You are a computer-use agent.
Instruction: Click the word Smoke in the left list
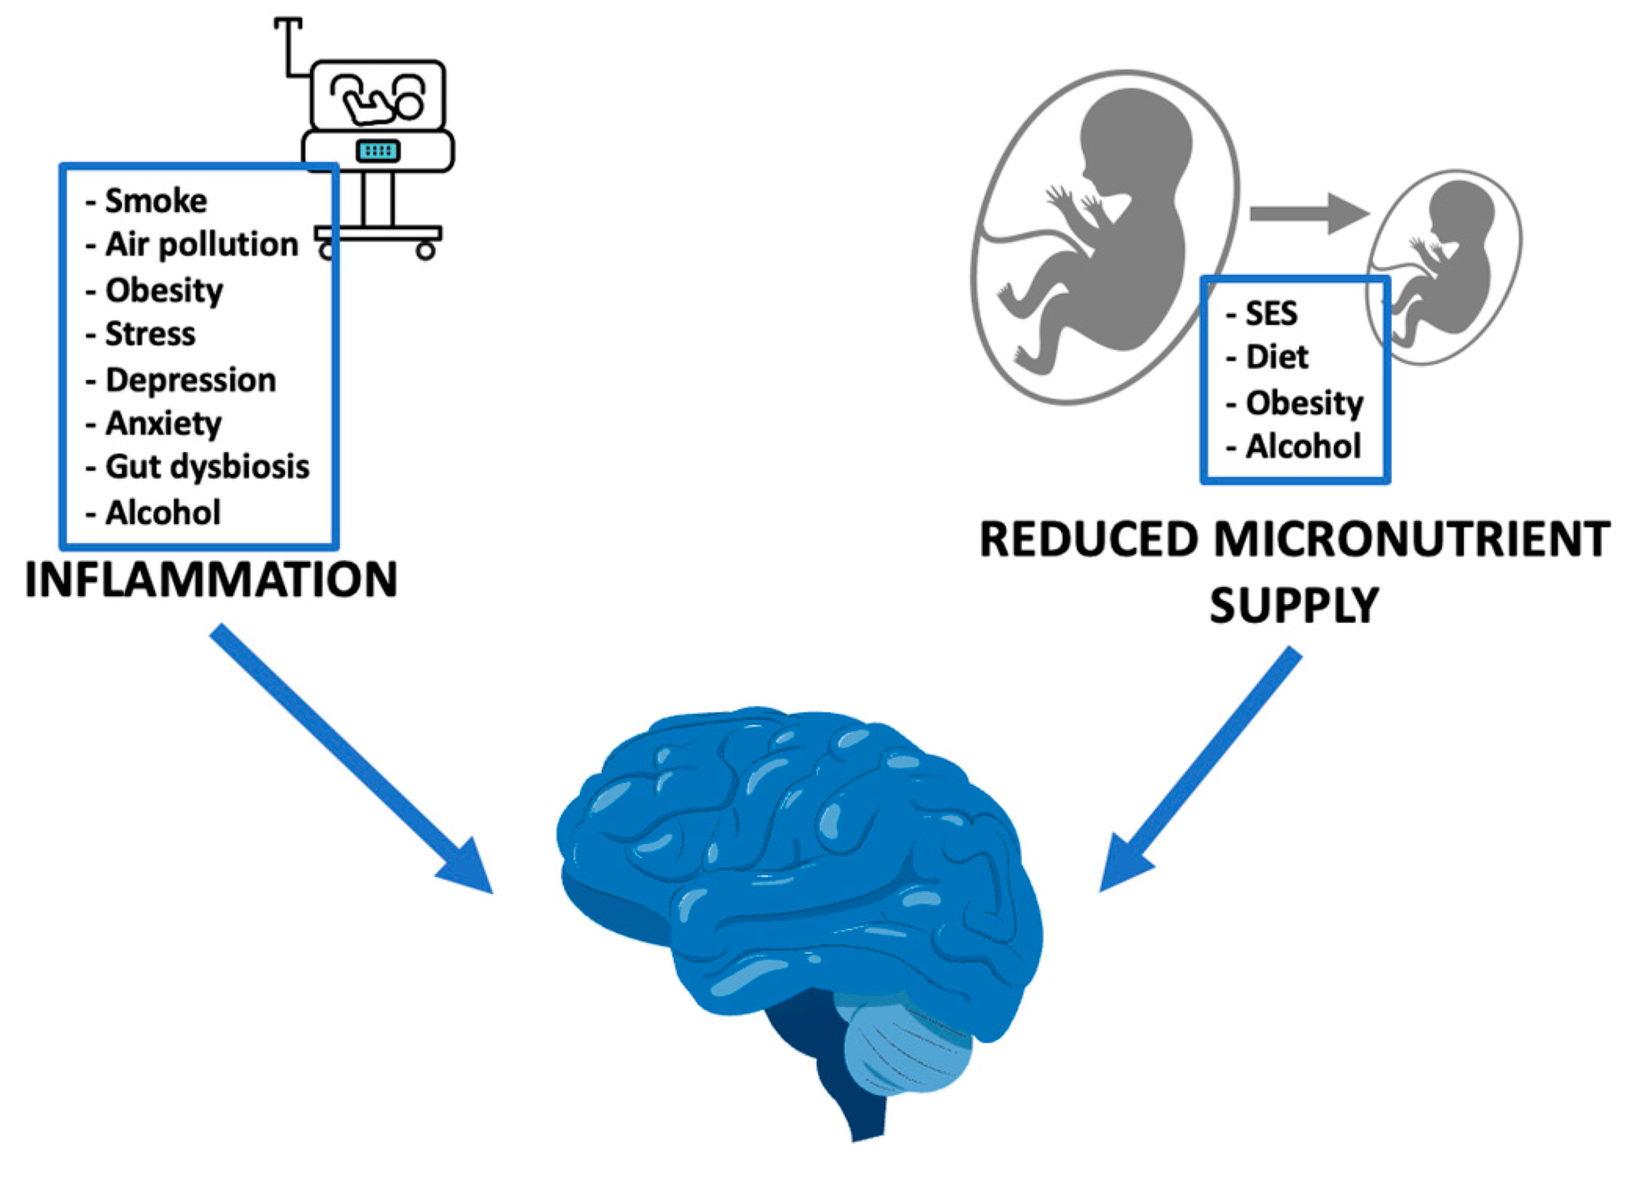[156, 201]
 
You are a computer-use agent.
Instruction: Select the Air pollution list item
[201, 245]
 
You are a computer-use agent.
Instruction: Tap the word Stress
[150, 335]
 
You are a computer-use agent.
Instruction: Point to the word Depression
[190, 380]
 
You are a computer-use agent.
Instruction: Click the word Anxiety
[163, 424]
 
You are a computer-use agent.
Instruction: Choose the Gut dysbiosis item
[207, 467]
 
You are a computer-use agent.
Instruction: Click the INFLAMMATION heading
[211, 580]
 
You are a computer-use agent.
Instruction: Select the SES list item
[1271, 314]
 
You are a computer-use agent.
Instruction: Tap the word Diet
[1277, 357]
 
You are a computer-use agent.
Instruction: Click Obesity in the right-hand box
[1304, 403]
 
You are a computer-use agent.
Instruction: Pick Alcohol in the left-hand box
[163, 513]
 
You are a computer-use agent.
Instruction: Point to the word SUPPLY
[1294, 605]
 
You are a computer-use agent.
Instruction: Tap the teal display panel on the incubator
[378, 150]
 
